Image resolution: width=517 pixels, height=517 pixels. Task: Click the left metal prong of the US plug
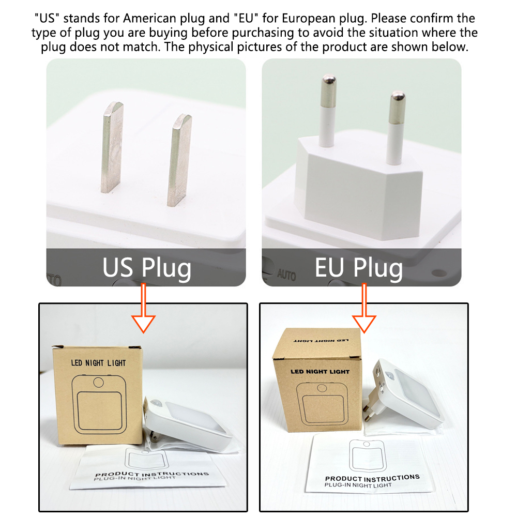(112, 147)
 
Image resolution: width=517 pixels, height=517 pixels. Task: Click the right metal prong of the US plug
(179, 160)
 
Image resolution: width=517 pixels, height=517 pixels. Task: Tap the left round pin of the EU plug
(328, 111)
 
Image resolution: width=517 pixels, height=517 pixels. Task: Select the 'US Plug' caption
(147, 268)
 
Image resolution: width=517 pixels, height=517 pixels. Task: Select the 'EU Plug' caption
(359, 268)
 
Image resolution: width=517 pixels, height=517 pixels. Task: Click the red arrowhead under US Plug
(143, 324)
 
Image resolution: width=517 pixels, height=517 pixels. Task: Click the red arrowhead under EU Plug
(364, 324)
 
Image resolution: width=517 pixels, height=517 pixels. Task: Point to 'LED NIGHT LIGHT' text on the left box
(98, 363)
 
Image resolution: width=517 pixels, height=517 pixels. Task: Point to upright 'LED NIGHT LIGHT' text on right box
(320, 372)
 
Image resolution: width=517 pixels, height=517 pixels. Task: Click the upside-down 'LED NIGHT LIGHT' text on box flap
(321, 340)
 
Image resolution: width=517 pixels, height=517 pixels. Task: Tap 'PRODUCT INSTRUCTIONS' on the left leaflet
(151, 474)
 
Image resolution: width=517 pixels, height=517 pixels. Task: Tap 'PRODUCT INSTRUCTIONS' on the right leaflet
(372, 478)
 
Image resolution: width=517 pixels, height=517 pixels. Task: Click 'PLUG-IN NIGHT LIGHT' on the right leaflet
(358, 485)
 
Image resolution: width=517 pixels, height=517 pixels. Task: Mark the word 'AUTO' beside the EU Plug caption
(286, 275)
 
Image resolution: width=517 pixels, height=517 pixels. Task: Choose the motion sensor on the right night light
(389, 375)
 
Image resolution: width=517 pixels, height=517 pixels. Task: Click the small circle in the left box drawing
(99, 382)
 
